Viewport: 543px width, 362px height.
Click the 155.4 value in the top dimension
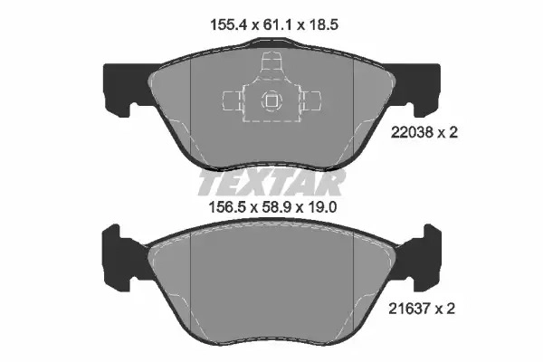228,25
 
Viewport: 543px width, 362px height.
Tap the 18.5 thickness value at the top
322,25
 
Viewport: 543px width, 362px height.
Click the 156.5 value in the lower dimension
227,207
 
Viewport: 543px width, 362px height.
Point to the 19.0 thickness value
322,207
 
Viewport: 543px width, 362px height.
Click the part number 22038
412,132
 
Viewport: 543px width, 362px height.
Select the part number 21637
409,309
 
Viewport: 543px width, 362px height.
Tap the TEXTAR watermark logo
271,182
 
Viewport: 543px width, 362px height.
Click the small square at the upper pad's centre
270,100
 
